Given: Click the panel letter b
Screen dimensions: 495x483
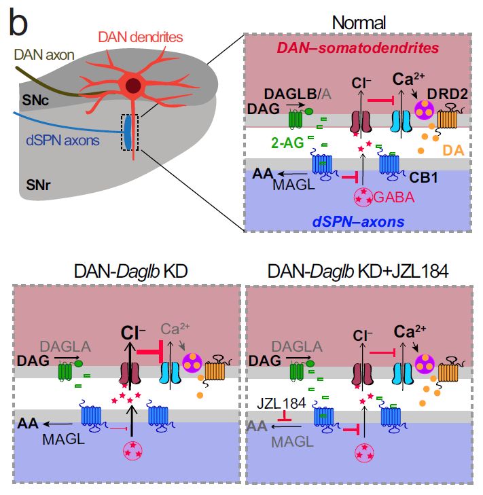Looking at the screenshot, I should (x=18, y=25).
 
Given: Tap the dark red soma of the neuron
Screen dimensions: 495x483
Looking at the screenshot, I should (x=133, y=86).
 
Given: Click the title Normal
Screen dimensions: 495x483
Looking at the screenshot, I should (x=358, y=23).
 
